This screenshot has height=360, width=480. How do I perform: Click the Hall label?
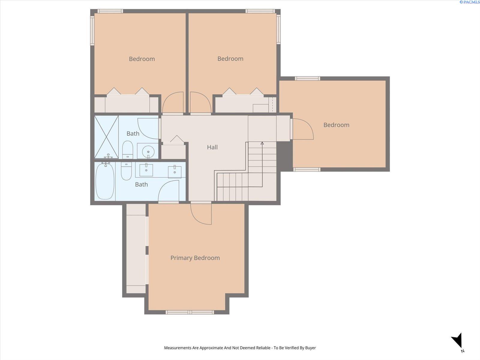pos(212,147)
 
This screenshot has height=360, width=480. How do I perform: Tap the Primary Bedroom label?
pos(195,258)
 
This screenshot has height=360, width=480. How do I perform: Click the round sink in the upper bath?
pos(148,151)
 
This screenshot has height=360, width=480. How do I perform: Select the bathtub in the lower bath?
pos(105,181)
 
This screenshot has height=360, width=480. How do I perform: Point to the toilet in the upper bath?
pos(127,150)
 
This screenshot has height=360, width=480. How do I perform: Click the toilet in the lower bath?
pos(126,171)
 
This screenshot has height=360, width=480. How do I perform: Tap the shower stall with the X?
pos(106,137)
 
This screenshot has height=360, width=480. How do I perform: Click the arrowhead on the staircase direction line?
pos(262,143)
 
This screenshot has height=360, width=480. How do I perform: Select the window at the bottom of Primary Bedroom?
pos(190,312)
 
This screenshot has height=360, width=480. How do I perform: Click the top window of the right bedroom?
pos(307,79)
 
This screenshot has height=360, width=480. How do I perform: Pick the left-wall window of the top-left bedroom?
pos(92,31)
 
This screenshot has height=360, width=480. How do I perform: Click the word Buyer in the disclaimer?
pos(310,348)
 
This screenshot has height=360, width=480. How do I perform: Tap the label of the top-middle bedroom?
pos(230,58)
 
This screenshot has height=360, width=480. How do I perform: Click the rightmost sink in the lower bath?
pos(175,172)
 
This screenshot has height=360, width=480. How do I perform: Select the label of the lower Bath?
pos(141,184)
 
